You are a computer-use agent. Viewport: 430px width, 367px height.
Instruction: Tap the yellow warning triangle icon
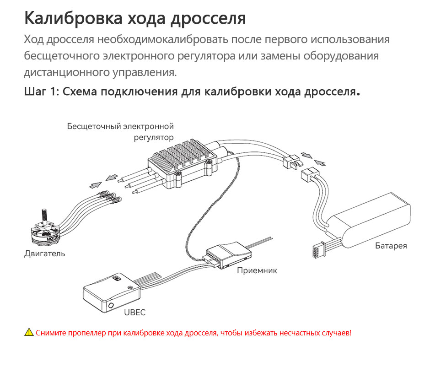[29, 332]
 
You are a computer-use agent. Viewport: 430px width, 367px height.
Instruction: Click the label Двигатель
[44, 253]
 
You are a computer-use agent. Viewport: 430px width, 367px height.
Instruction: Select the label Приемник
[257, 270]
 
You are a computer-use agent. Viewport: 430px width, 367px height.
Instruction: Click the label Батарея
[391, 246]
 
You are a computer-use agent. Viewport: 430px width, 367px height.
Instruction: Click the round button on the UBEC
[111, 305]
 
